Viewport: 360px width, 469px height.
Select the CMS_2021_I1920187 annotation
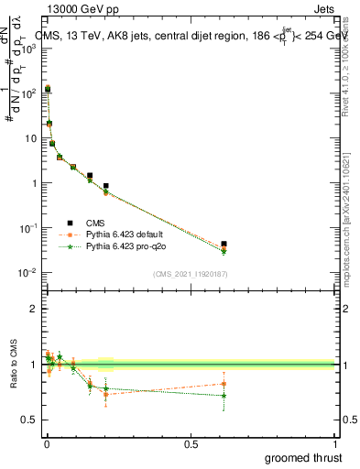click(189, 274)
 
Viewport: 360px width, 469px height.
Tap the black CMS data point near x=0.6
click(224, 244)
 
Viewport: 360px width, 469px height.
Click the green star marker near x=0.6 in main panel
click(224, 252)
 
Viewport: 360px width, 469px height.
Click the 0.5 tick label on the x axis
click(191, 444)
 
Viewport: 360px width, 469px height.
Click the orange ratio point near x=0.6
click(224, 384)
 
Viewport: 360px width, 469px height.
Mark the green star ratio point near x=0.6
click(224, 396)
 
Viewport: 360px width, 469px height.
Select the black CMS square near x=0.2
click(106, 186)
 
